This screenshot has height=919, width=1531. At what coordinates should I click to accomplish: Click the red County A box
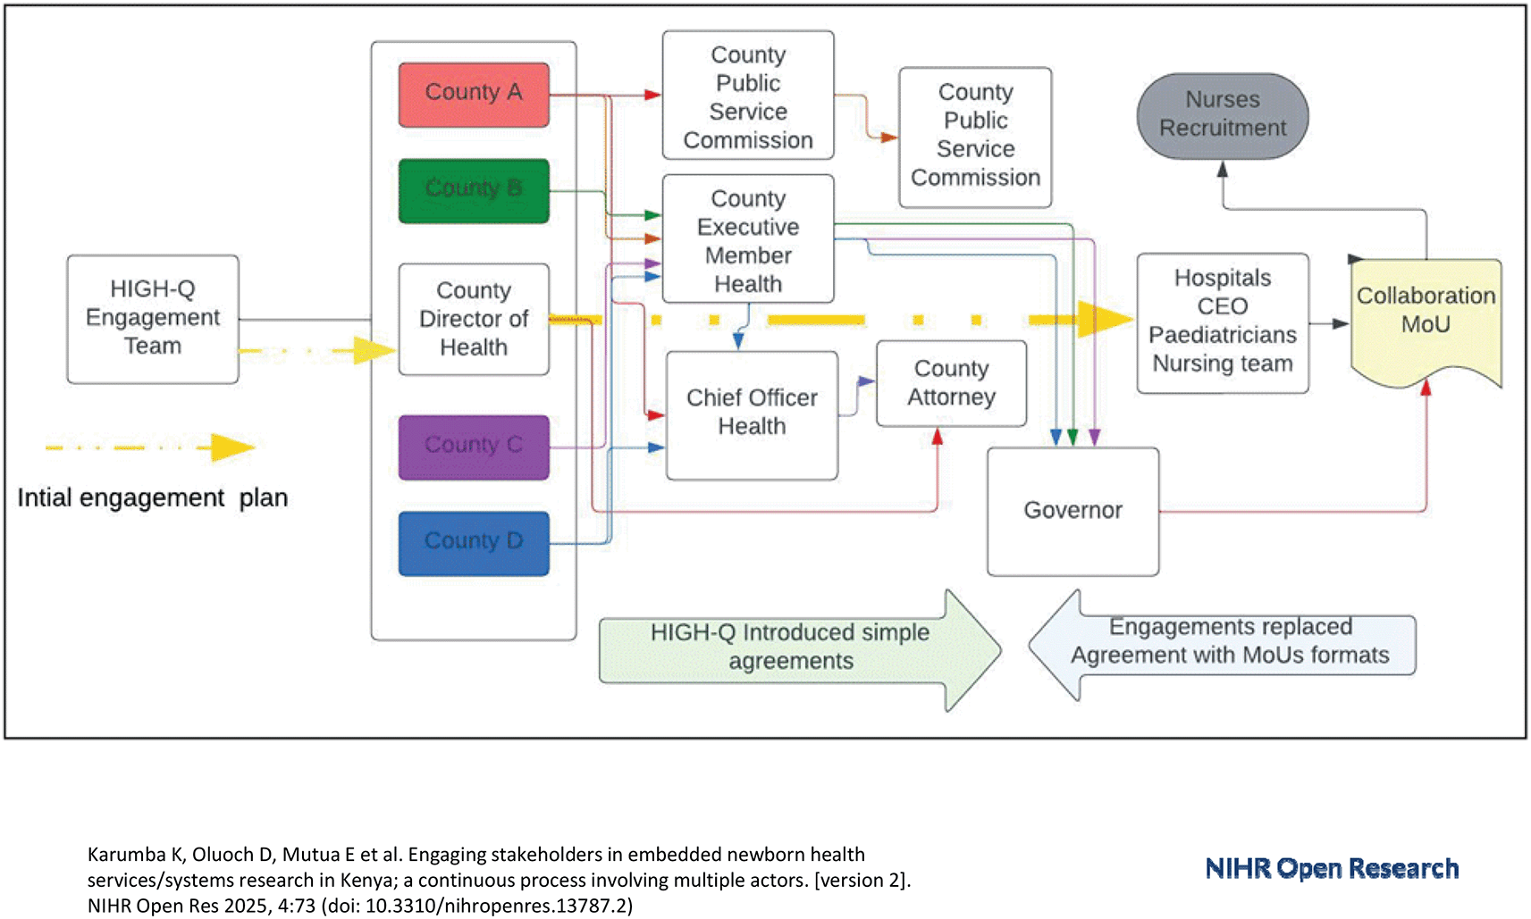[474, 94]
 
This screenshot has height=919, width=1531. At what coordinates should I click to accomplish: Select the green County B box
[474, 190]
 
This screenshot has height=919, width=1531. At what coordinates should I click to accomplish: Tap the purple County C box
[474, 447]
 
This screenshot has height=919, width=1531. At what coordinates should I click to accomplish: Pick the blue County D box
[474, 544]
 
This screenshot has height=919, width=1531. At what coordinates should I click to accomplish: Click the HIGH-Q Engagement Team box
[153, 319]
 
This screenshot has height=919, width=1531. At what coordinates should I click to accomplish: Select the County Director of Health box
[474, 319]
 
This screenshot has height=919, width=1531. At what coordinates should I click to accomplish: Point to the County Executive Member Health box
[748, 239]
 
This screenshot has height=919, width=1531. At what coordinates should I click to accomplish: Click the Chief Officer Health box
[752, 415]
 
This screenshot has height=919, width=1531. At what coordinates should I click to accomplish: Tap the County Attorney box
[952, 383]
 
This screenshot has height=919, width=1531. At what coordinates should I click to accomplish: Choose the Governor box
[1073, 512]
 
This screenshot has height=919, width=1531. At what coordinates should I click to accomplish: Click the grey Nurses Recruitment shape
[1223, 116]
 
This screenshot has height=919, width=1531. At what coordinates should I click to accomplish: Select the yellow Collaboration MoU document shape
[1426, 321]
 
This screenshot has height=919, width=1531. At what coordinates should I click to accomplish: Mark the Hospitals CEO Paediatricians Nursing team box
[1223, 323]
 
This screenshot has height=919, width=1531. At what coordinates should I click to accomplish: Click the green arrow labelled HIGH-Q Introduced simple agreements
[800, 650]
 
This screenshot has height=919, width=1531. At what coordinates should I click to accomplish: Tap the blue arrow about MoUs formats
[1222, 645]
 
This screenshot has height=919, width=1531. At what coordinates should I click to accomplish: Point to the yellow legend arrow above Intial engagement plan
[150, 447]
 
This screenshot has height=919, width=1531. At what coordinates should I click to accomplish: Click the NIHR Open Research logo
[1332, 868]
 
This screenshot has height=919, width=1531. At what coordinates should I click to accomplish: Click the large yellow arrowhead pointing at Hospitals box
[1106, 319]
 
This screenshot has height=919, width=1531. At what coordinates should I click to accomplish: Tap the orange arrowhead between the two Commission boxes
[888, 138]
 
